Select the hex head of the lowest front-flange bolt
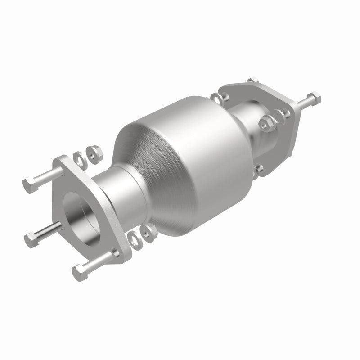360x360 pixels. (x=79, y=272)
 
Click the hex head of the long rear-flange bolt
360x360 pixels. (x=314, y=97)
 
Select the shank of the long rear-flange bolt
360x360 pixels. (x=302, y=103)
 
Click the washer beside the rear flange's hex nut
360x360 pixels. (x=279, y=116)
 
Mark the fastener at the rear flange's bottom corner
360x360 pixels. (x=258, y=169)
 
